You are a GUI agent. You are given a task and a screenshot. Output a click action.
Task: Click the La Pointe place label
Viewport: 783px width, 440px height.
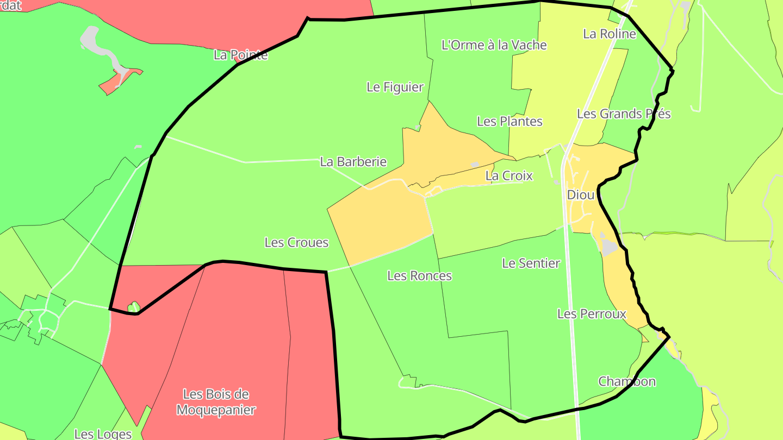pos(240,55)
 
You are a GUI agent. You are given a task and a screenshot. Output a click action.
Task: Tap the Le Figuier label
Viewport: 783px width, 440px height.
pos(395,87)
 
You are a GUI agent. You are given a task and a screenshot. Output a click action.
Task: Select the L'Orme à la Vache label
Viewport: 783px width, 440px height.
pos(494,45)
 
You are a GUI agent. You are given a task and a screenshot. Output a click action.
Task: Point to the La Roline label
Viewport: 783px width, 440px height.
pos(609,34)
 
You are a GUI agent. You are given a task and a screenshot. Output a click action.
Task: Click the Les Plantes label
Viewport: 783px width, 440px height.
pos(509,121)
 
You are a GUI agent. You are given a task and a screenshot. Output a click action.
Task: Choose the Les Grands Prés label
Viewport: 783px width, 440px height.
pos(623,114)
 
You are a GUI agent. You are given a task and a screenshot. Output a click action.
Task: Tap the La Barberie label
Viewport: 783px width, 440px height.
pos(353,161)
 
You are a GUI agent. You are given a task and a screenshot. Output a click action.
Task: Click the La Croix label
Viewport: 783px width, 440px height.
pos(508,175)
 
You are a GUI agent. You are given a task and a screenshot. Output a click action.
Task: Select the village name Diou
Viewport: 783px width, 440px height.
pos(580,194)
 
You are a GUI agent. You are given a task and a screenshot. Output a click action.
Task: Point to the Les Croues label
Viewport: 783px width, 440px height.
pos(296,242)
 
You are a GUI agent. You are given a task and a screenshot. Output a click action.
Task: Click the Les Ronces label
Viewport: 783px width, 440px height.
pos(419,275)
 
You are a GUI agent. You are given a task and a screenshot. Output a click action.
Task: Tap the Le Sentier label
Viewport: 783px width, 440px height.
pos(531,263)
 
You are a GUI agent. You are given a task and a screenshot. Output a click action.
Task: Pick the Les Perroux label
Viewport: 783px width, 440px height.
pos(592,313)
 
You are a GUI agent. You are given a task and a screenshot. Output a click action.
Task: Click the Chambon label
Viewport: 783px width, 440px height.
pos(627,381)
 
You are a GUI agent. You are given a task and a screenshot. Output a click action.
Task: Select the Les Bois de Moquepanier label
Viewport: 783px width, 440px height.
pos(216,402)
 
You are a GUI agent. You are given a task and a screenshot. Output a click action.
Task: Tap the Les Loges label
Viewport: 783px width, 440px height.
pos(103,433)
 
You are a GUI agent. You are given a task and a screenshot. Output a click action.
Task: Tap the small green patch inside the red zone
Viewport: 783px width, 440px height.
pos(133,307)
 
